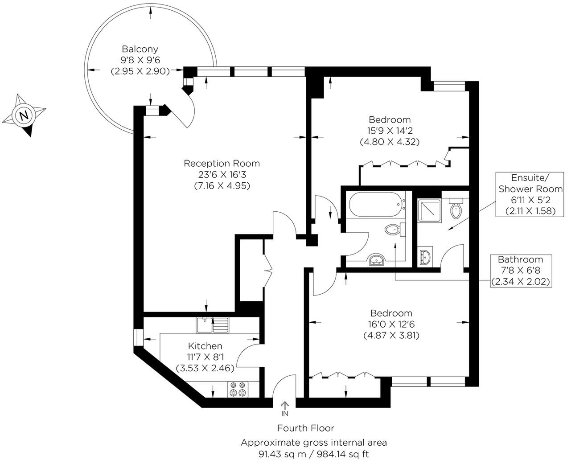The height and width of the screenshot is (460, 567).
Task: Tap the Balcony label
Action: (x=140, y=49)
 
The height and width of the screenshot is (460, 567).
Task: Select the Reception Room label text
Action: (x=222, y=164)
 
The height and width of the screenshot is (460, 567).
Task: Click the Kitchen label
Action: (x=205, y=346)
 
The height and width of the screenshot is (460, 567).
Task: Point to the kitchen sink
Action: (x=212, y=325)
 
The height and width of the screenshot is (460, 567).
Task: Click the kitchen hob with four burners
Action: (x=238, y=389)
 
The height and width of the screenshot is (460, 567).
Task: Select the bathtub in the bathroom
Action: (x=377, y=204)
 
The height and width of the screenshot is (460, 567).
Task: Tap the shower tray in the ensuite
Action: (x=429, y=211)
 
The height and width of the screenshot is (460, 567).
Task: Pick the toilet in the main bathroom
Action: (x=394, y=230)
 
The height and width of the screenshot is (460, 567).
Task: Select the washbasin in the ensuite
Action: (x=425, y=256)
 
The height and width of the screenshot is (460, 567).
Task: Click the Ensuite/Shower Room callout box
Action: (x=530, y=195)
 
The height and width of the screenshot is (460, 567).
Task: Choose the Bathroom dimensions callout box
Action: (x=520, y=271)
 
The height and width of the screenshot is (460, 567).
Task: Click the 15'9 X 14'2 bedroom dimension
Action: (x=389, y=131)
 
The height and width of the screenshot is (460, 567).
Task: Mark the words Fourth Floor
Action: (x=305, y=428)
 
